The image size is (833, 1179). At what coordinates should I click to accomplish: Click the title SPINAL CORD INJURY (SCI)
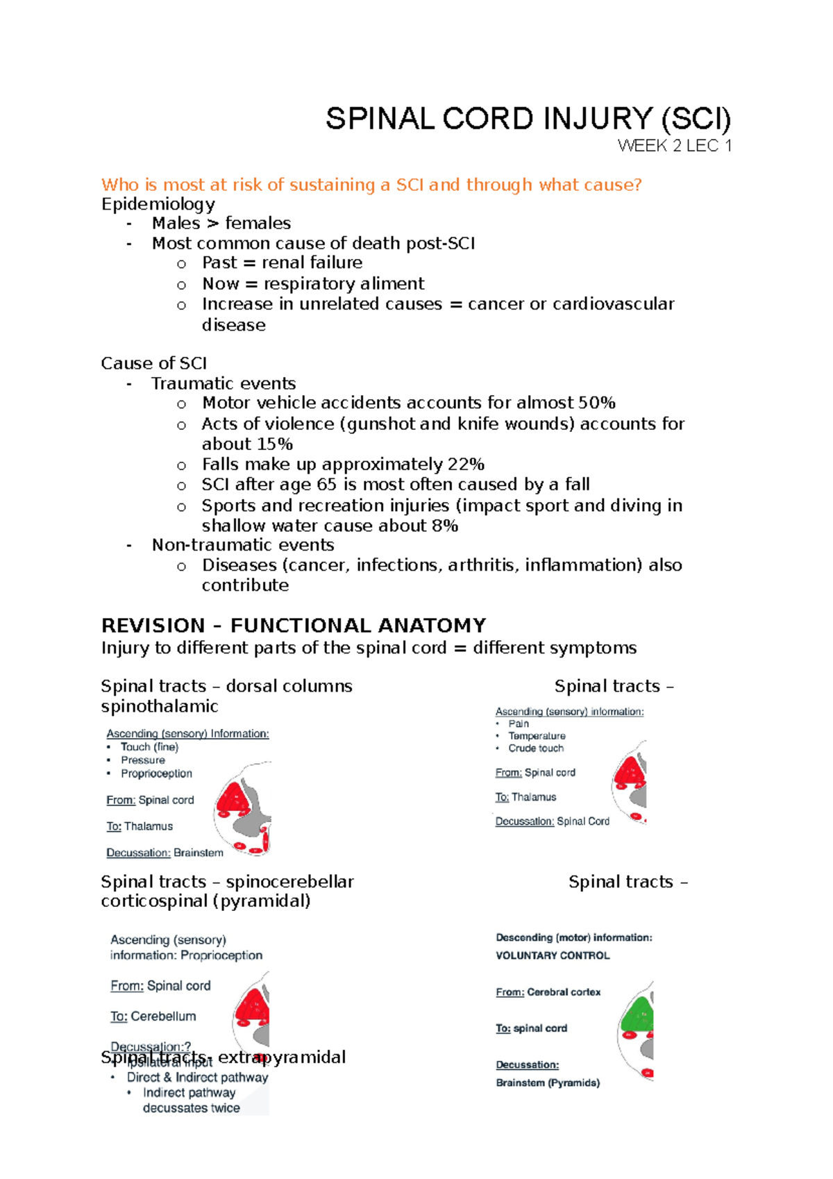528,119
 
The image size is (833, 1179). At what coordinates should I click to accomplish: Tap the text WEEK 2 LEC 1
674,146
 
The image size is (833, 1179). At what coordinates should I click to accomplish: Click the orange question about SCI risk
371,185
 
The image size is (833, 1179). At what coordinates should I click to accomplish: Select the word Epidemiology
158,204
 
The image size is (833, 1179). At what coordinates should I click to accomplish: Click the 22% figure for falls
466,465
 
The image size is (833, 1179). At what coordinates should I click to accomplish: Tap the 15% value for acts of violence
274,444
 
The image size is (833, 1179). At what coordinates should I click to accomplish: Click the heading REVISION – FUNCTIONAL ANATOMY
293,626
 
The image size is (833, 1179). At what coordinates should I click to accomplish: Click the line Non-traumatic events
242,545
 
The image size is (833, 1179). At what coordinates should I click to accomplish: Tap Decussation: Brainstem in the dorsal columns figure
165,853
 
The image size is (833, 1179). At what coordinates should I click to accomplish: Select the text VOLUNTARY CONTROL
553,955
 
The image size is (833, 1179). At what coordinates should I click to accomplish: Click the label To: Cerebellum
153,1017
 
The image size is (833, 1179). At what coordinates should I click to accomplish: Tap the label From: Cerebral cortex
548,992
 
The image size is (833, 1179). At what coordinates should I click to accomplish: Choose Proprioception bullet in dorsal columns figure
156,774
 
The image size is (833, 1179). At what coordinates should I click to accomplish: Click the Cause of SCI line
153,364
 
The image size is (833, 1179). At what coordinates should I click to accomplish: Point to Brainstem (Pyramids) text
548,1082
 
